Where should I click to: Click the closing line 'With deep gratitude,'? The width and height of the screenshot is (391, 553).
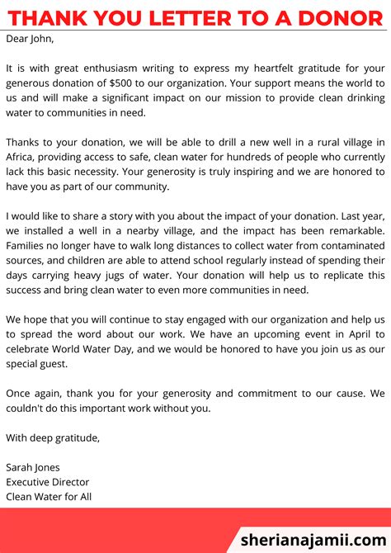(53, 438)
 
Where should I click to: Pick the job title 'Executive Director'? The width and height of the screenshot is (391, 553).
(47, 482)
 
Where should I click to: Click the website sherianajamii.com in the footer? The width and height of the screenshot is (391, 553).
(313, 539)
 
